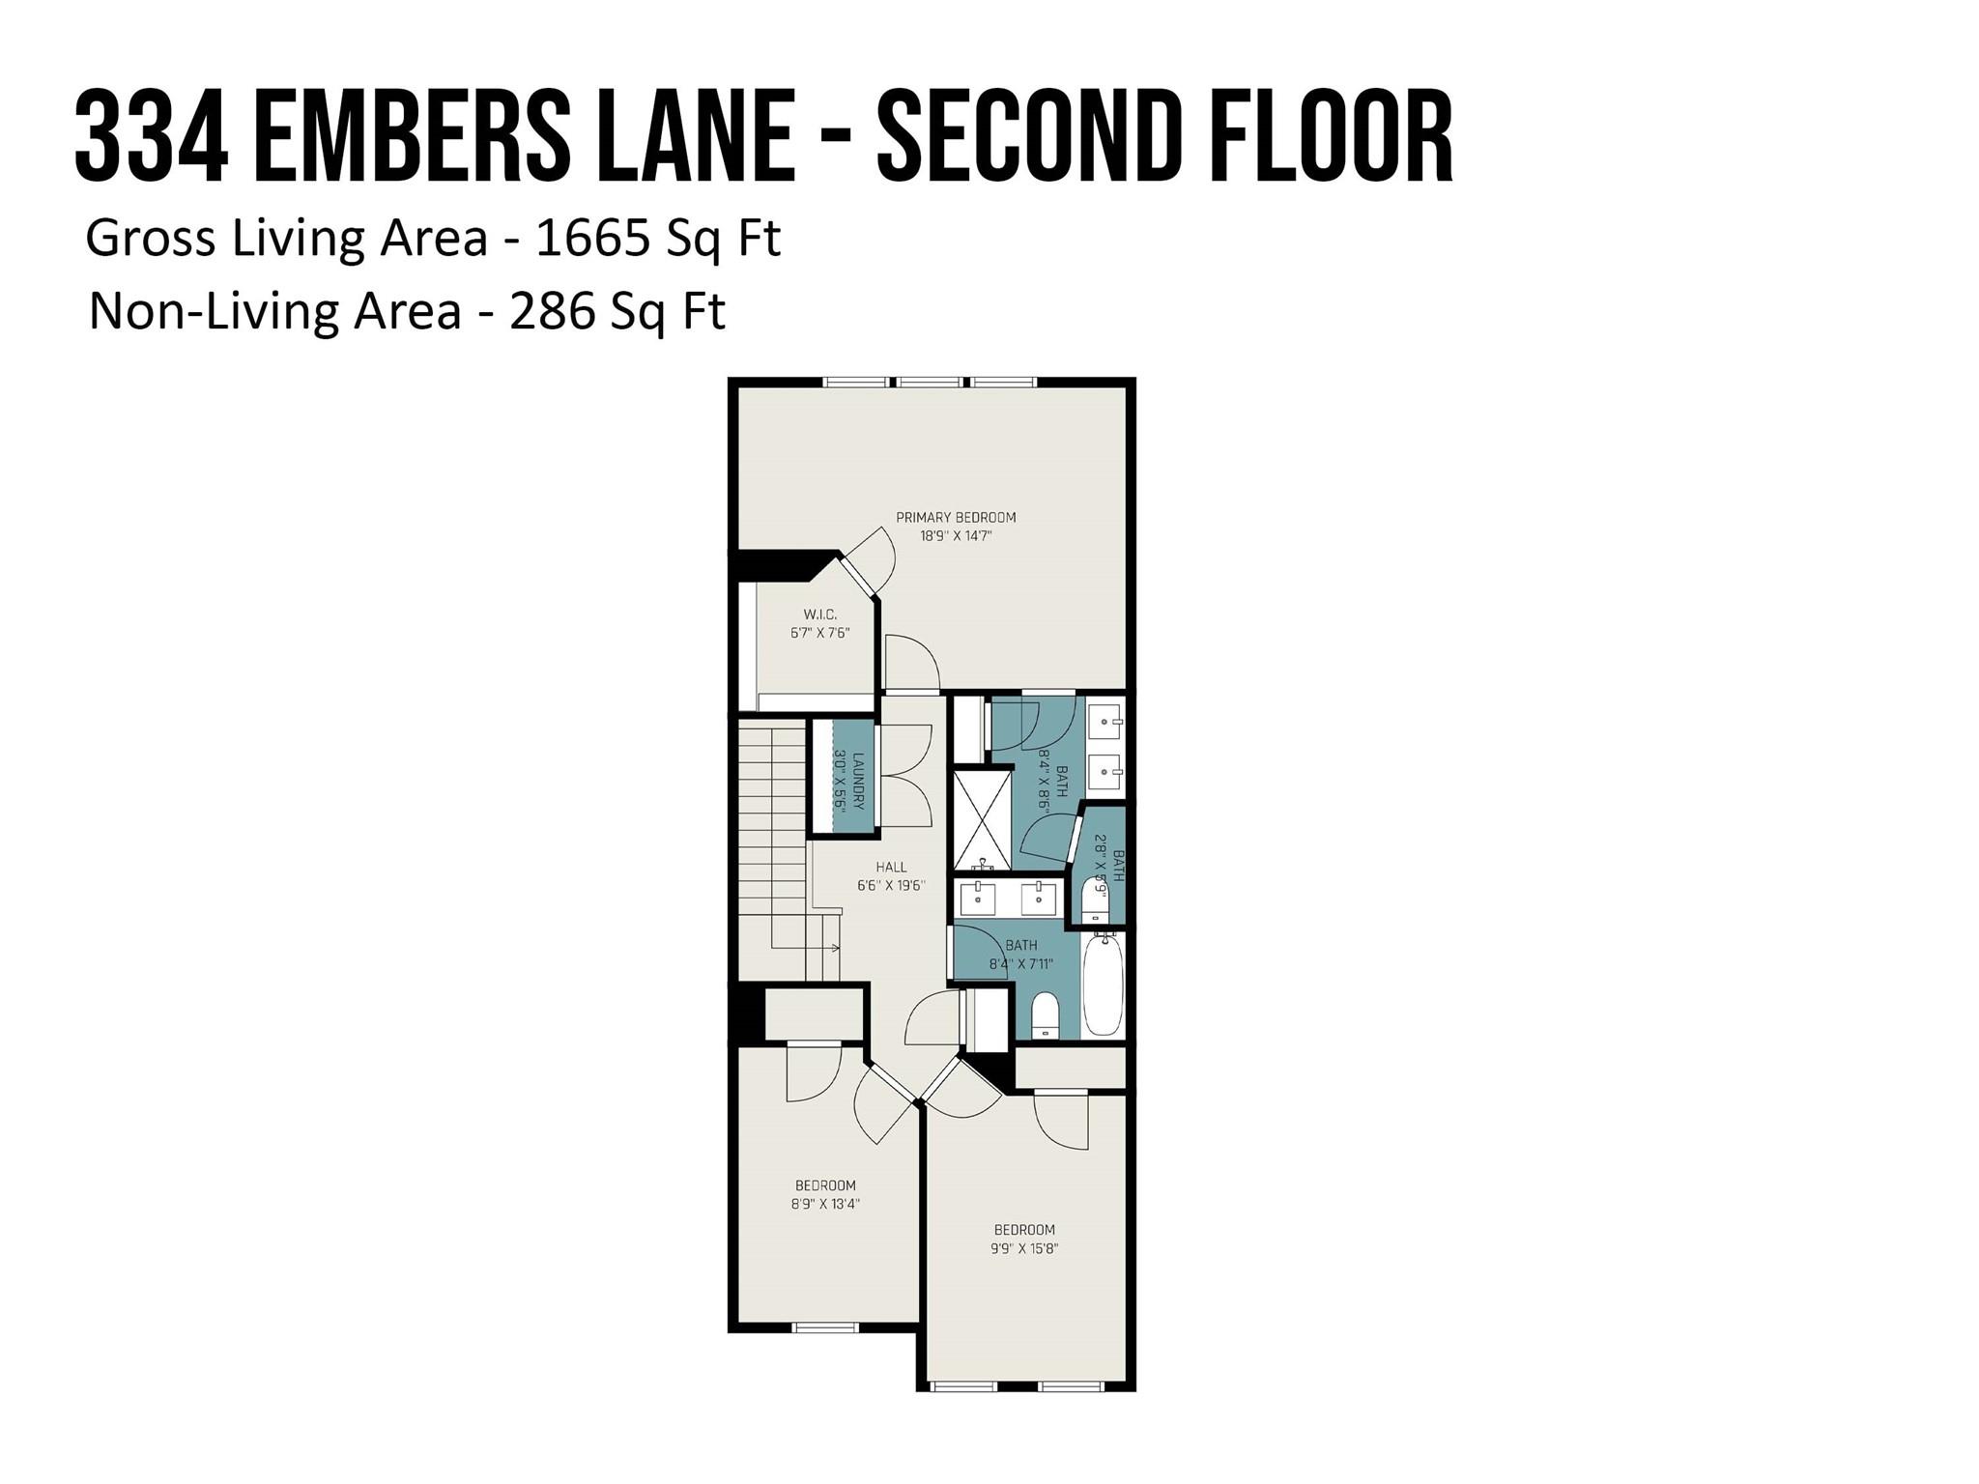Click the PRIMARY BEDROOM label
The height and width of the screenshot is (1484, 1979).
coord(955,517)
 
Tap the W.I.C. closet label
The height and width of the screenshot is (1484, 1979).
coord(819,614)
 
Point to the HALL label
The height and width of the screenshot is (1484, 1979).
coord(891,868)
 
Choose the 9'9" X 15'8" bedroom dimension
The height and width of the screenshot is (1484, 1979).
coord(1024,1248)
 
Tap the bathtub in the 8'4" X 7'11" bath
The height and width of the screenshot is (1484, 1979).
coord(1103,984)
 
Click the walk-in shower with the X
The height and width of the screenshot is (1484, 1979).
coord(982,818)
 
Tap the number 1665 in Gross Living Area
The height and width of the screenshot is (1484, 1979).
coord(591,238)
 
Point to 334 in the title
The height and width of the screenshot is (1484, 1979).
coord(152,137)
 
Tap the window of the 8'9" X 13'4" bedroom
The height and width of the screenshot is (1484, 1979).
coord(824,1327)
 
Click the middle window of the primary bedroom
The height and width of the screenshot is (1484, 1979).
coord(929,383)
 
